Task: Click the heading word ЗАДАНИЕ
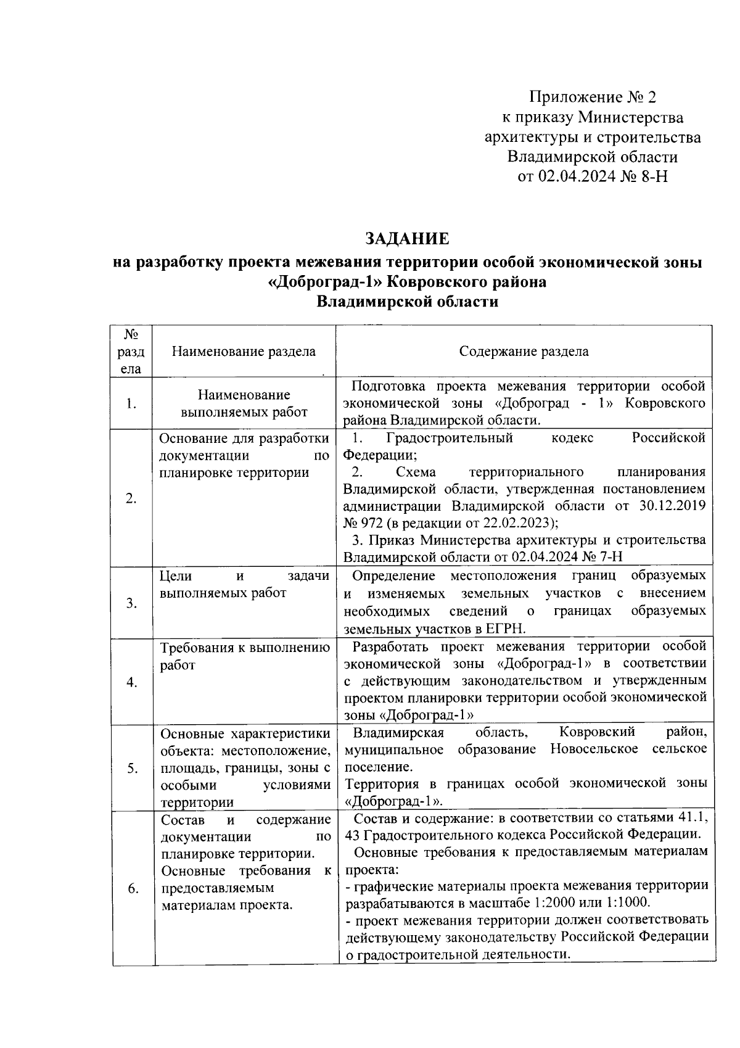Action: click(x=407, y=239)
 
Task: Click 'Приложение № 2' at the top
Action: click(x=593, y=97)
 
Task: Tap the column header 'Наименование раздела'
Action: click(x=244, y=352)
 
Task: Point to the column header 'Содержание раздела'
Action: click(x=524, y=352)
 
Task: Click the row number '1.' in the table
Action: click(x=131, y=404)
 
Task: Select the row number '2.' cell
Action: click(x=131, y=498)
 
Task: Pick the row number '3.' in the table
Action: click(x=131, y=603)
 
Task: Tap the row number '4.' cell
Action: click(x=131, y=682)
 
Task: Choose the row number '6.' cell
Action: click(x=133, y=888)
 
